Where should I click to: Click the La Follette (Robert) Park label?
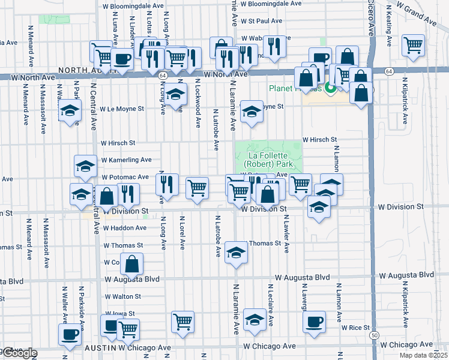coord(268,160)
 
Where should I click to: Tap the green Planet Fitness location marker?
coord(330,89)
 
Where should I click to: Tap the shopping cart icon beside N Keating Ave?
coord(413,44)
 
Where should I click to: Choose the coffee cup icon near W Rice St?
coord(313,322)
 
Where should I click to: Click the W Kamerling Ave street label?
coord(126,160)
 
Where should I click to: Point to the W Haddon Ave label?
coord(124,228)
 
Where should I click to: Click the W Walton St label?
coord(122,296)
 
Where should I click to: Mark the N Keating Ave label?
coord(388,26)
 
